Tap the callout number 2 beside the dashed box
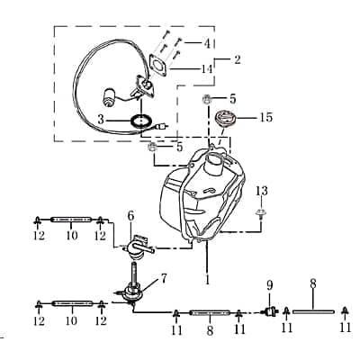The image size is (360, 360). [x=238, y=60]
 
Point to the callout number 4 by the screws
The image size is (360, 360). [x=208, y=42]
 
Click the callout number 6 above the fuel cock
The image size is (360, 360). [x=131, y=216]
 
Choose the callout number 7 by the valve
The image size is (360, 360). [x=163, y=277]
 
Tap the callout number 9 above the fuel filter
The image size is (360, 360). [x=269, y=285]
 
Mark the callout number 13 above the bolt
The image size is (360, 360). [x=262, y=190]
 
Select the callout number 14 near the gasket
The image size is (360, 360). [x=208, y=67]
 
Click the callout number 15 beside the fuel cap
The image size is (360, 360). [x=265, y=118]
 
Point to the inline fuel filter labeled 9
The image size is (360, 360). [x=268, y=312]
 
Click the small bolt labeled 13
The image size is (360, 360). [x=261, y=212]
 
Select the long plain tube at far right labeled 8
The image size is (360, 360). [x=312, y=312]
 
